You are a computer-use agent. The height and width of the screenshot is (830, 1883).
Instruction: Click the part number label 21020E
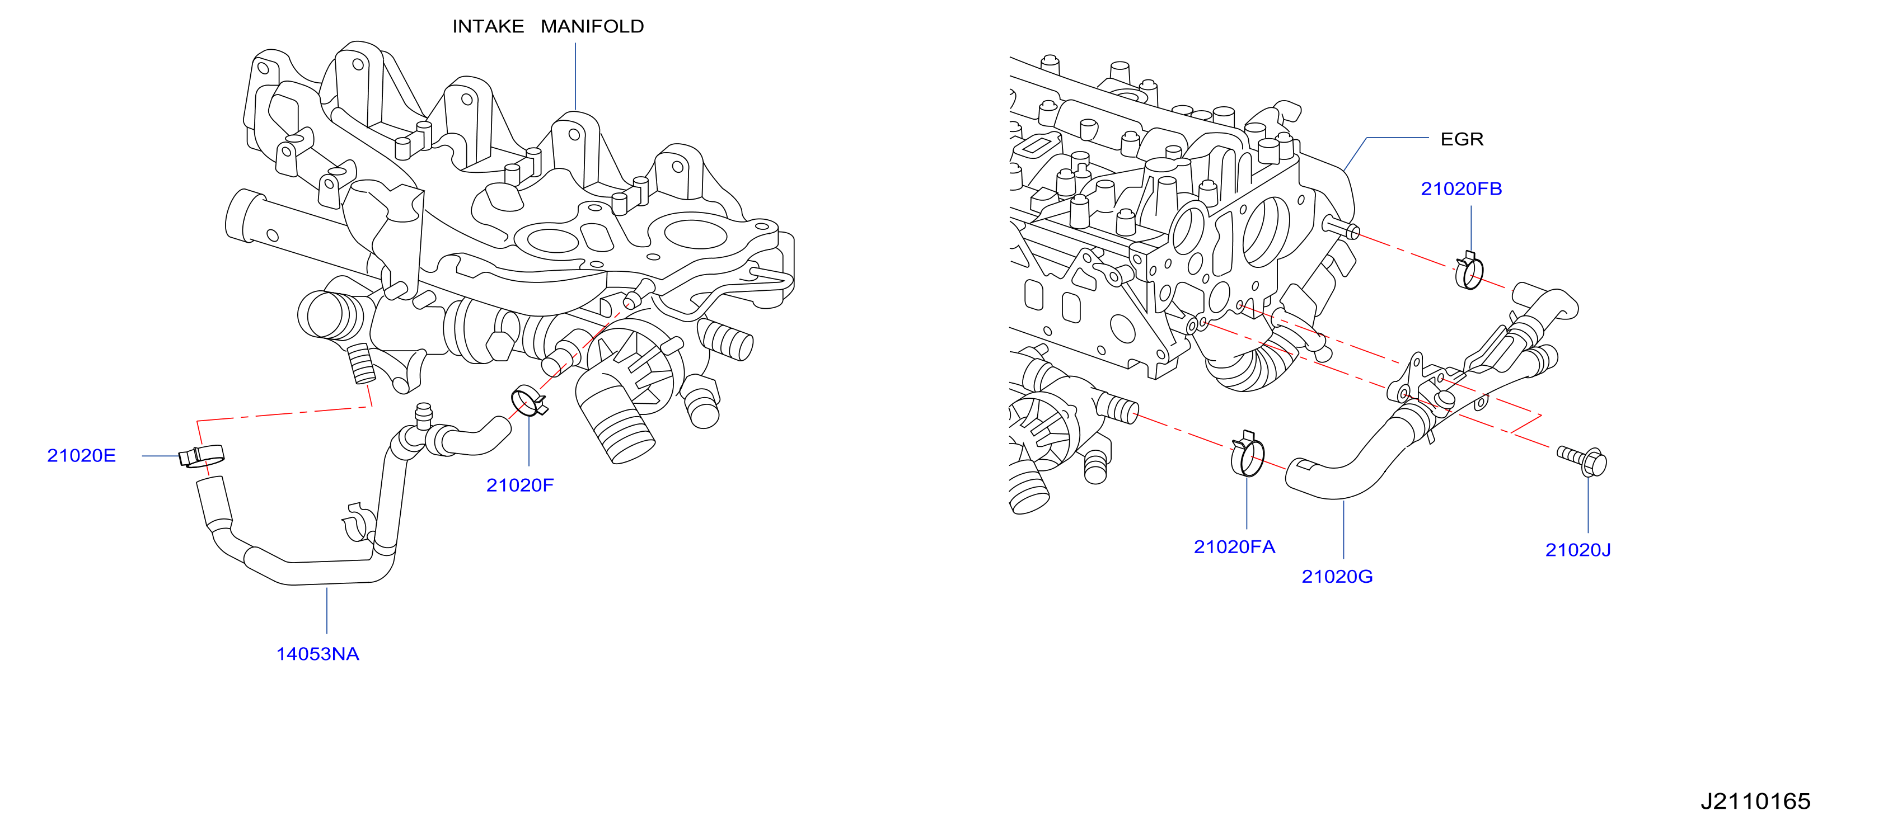(x=81, y=456)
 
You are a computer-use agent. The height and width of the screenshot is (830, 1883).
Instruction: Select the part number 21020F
(x=519, y=485)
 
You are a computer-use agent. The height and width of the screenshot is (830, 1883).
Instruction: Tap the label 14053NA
(x=317, y=654)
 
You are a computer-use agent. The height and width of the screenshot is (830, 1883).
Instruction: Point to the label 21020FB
(x=1461, y=188)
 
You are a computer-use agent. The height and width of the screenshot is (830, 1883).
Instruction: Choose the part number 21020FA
(x=1234, y=546)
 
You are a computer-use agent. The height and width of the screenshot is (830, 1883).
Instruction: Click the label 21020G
(x=1337, y=577)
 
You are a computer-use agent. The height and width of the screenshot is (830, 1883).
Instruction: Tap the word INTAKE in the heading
(x=488, y=26)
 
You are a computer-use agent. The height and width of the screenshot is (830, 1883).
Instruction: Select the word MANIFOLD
(x=592, y=26)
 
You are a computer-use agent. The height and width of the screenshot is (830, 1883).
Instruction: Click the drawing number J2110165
(x=1755, y=801)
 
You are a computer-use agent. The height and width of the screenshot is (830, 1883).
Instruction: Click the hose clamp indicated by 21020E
(x=202, y=456)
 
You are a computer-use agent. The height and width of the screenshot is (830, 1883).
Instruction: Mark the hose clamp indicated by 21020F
(x=528, y=401)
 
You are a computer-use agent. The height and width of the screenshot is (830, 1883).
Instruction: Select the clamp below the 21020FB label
(x=1469, y=271)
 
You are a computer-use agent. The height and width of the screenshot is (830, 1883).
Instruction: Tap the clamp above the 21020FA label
(x=1248, y=455)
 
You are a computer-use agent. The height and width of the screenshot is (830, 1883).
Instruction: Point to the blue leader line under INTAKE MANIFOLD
(x=575, y=77)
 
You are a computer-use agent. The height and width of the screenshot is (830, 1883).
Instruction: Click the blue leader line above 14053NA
(x=327, y=611)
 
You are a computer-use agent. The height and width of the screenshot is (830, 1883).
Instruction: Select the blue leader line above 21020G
(x=1343, y=530)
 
